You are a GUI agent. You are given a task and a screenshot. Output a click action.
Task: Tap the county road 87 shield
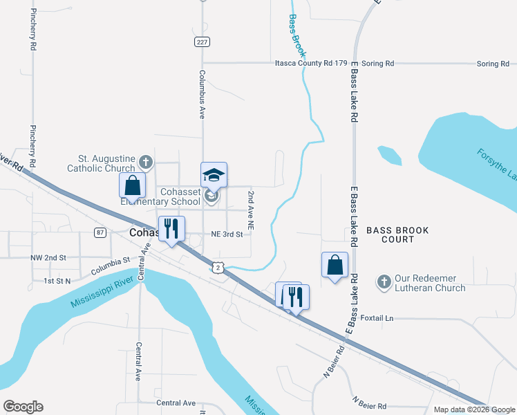[100, 232]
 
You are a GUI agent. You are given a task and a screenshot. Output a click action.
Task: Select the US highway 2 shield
[218, 267]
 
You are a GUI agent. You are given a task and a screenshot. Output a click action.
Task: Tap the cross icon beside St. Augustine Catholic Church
[145, 162]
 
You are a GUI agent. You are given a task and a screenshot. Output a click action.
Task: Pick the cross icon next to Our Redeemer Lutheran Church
[384, 282]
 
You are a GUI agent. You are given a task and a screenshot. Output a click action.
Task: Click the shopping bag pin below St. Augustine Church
[133, 186]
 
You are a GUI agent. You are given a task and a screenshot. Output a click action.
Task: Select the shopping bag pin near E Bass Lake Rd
[335, 265]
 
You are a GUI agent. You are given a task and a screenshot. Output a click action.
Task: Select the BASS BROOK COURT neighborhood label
[397, 234]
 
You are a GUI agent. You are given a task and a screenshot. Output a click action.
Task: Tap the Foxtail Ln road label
[376, 318]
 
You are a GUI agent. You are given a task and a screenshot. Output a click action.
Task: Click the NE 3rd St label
[227, 234]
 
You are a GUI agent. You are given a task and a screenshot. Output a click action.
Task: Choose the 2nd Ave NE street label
[252, 210]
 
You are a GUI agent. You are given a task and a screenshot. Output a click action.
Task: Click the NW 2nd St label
[48, 257]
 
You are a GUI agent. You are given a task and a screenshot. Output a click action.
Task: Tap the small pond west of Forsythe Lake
[390, 155]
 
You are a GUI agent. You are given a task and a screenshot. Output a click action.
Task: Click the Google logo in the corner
[23, 407]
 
